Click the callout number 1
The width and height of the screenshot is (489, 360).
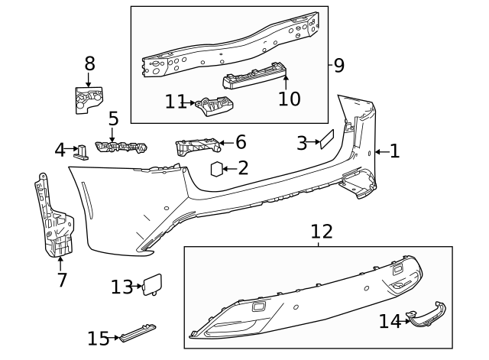point(394,151)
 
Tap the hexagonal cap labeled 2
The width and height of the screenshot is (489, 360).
point(217,169)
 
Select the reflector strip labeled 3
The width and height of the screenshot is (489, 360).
point(326,139)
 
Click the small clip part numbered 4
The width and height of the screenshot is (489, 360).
point(81,151)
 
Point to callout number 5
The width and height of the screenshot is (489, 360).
point(113,118)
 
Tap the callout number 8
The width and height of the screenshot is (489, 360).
point(89,63)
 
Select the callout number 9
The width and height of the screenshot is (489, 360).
point(338,65)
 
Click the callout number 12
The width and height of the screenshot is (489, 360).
point(322,231)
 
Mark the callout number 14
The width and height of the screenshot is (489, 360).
point(390,322)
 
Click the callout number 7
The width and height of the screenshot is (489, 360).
point(62,280)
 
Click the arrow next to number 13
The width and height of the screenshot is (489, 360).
point(138,287)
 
